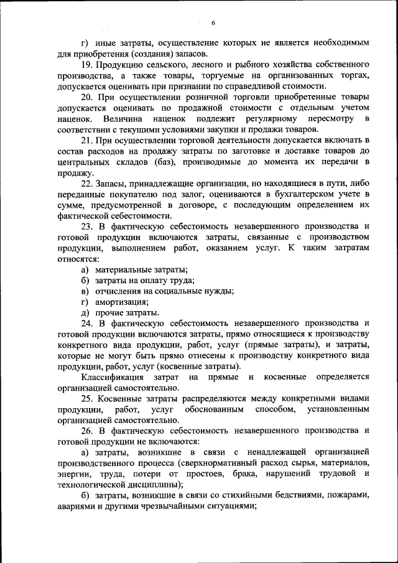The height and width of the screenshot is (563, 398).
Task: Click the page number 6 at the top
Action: (213, 24)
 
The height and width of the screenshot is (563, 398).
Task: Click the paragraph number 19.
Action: (87, 65)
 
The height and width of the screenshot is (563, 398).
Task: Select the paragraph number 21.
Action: (87, 141)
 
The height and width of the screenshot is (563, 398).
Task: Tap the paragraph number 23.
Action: (87, 227)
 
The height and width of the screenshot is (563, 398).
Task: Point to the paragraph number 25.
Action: (87, 399)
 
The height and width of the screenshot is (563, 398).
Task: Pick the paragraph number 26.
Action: (87, 430)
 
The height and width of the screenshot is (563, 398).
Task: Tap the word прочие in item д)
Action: (108, 312)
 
